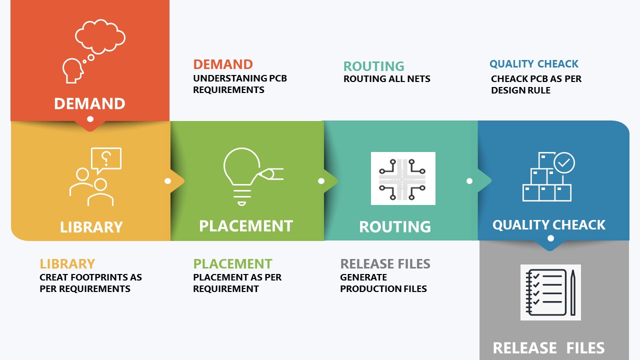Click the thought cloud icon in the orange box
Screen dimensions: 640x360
[x=100, y=36]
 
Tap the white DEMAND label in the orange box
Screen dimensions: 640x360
[x=89, y=103]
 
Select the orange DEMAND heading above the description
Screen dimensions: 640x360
[x=223, y=64]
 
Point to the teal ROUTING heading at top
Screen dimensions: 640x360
[x=373, y=66]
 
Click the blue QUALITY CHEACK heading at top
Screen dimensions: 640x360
[x=534, y=63]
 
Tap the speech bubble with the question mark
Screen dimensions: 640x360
[x=106, y=160]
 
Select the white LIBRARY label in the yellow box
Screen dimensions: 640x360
[x=91, y=227]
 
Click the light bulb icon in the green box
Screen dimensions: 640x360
[x=241, y=176]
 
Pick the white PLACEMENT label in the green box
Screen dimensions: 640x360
[x=246, y=226]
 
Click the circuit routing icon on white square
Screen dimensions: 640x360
[x=403, y=178]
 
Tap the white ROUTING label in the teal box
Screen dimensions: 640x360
[x=395, y=227]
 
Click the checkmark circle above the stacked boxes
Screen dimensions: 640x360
[x=564, y=162]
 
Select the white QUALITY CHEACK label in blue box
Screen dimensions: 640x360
[x=549, y=225]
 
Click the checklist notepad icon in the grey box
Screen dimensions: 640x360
[x=546, y=292]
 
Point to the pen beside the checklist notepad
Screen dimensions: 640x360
[x=573, y=292]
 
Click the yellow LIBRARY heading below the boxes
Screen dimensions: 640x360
[x=67, y=263]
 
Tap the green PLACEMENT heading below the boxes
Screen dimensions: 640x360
[x=232, y=263]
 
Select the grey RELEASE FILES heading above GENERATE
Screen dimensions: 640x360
[x=385, y=263]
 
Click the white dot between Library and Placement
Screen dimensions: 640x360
[x=167, y=181]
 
